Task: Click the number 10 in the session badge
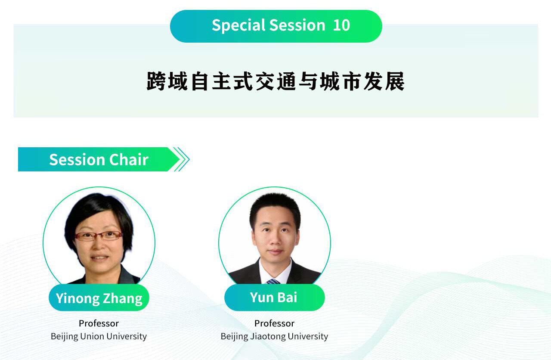[341, 25]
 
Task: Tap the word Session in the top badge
[297, 25]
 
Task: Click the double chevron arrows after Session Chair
[182, 159]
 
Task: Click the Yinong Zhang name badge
[99, 298]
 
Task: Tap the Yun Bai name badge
[275, 297]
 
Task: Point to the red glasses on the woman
[99, 236]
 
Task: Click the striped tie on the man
[273, 281]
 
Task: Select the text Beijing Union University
[99, 336]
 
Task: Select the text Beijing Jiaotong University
[274, 336]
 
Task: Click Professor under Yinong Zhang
[99, 323]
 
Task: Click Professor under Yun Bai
[274, 323]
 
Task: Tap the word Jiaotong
[268, 336]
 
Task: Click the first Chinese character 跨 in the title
[156, 81]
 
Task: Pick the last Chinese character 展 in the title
[395, 81]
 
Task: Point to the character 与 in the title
[308, 81]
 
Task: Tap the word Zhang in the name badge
[123, 299]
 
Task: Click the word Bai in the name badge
[288, 297]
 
